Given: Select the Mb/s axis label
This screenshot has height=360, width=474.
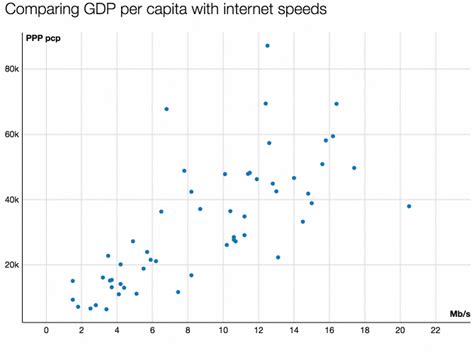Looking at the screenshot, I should pyautogui.click(x=460, y=314).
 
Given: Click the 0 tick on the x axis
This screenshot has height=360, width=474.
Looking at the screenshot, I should pyautogui.click(x=47, y=330).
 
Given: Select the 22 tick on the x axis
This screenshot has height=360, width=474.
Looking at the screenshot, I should pyautogui.click(x=435, y=330).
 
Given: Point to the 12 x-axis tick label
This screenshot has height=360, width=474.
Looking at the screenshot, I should pyautogui.click(x=259, y=330).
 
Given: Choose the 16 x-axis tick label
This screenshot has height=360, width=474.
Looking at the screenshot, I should pyautogui.click(x=329, y=330).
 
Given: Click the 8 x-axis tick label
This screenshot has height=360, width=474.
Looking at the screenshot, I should pyautogui.click(x=188, y=330).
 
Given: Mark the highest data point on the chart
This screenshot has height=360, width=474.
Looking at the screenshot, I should pyautogui.click(x=267, y=46).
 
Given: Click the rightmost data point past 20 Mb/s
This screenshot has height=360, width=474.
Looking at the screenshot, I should pyautogui.click(x=409, y=206).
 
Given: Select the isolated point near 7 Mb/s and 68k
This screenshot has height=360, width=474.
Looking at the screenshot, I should pyautogui.click(x=166, y=109).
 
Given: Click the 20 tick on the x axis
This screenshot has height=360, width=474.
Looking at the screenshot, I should pyautogui.click(x=400, y=330).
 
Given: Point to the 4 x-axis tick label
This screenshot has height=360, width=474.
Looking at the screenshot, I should pyautogui.click(x=118, y=330).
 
